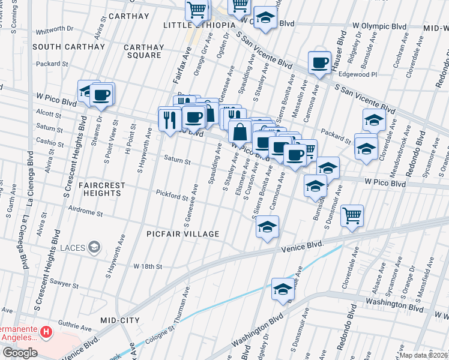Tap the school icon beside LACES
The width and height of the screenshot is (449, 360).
94,247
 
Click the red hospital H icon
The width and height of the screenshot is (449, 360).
46,331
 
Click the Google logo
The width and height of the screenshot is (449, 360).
19,353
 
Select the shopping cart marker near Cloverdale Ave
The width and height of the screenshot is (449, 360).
352,215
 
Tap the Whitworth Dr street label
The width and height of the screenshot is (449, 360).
54,28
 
